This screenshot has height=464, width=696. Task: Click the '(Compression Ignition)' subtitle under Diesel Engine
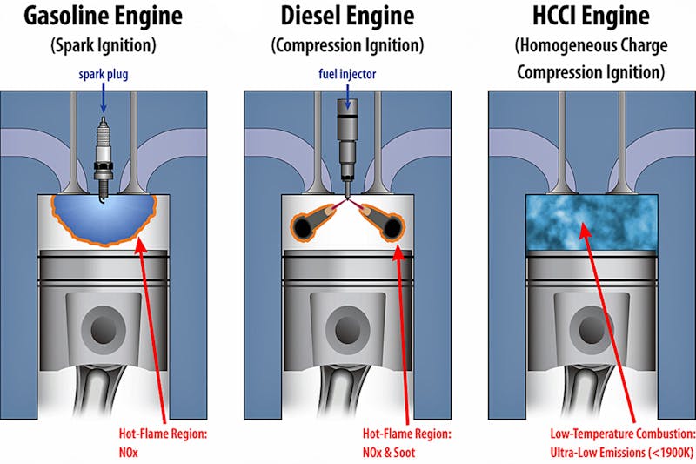pos(347,44)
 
